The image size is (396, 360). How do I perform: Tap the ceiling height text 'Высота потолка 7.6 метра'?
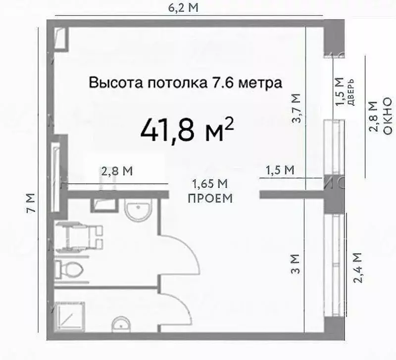point(186,83)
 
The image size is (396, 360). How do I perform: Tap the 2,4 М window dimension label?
point(357,268)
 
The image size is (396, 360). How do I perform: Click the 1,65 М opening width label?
point(209,184)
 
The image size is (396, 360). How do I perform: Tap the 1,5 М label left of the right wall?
point(280,170)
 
